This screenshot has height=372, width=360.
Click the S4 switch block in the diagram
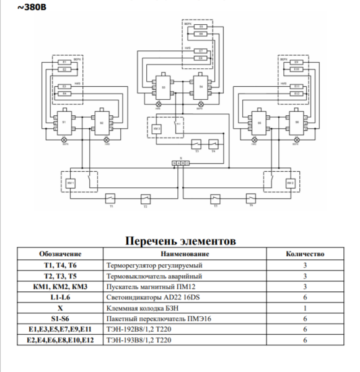(202, 87)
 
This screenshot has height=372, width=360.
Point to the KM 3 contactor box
(157, 128)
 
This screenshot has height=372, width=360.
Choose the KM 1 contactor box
(71, 184)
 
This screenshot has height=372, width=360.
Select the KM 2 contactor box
(289, 184)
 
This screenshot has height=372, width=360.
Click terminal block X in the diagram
(180, 162)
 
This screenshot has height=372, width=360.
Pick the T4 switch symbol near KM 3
(214, 142)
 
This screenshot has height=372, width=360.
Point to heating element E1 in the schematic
(64, 63)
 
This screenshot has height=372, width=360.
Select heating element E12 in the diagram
(297, 93)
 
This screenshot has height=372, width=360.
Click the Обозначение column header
(60, 254)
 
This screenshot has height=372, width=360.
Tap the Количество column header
(305, 254)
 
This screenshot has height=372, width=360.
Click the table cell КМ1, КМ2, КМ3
(60, 286)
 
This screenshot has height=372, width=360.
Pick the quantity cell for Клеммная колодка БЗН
(305, 308)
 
